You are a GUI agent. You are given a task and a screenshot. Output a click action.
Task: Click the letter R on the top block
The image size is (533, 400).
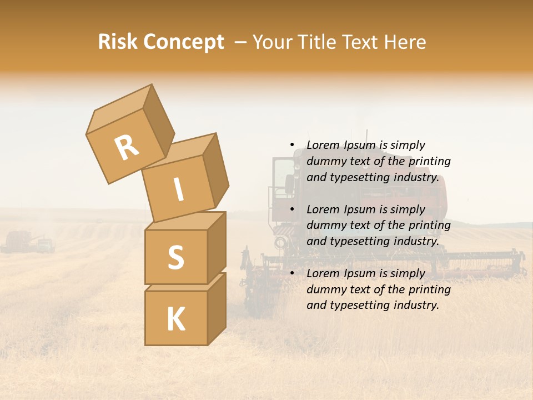coord(127,148)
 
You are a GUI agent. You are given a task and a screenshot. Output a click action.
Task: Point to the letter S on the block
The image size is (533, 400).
coord(175,257)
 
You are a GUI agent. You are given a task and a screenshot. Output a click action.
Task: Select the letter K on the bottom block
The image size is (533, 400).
coord(175,319)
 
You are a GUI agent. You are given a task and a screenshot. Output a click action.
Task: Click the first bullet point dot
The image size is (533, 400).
coord(292,146)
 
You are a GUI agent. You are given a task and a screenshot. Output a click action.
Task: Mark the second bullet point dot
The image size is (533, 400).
coord(292,210)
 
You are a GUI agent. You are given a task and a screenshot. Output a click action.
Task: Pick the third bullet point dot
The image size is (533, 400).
coord(292,274)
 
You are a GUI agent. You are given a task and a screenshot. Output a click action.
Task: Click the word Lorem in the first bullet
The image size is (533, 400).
coord(323,146)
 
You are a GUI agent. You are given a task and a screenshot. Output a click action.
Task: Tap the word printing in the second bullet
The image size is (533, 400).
coord(429,226)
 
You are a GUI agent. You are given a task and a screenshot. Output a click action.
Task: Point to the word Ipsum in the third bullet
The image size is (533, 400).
coord(359,273)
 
